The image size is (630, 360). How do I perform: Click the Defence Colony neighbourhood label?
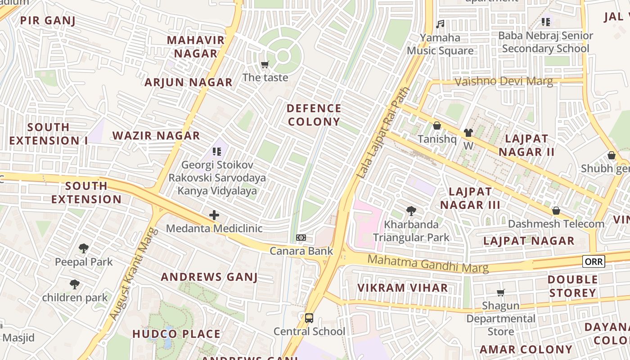(314, 115)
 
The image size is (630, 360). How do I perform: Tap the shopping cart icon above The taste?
(265, 65)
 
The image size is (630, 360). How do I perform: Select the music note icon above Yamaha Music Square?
(440, 24)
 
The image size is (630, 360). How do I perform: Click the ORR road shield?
(594, 261)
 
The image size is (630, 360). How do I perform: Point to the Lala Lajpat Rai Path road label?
(383, 133)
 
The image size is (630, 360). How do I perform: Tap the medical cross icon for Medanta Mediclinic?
(214, 215)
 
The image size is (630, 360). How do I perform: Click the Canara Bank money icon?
(301, 238)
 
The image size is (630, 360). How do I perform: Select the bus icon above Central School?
(309, 318)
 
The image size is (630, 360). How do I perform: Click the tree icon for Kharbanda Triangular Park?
(411, 211)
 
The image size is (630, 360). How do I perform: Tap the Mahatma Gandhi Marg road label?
(427, 263)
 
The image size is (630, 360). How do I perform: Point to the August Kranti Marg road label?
(134, 274)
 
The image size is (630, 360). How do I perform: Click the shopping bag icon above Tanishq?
(436, 126)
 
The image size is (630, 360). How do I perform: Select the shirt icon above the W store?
(468, 133)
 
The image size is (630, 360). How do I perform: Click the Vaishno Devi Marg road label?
(504, 81)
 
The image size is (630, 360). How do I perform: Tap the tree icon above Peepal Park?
(84, 248)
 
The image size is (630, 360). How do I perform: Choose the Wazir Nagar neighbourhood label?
(156, 136)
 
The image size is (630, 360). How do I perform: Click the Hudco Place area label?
(176, 334)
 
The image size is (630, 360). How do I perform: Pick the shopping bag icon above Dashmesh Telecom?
(556, 211)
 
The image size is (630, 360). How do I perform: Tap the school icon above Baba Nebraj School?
(546, 22)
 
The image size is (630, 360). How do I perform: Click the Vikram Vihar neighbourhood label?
(402, 288)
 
